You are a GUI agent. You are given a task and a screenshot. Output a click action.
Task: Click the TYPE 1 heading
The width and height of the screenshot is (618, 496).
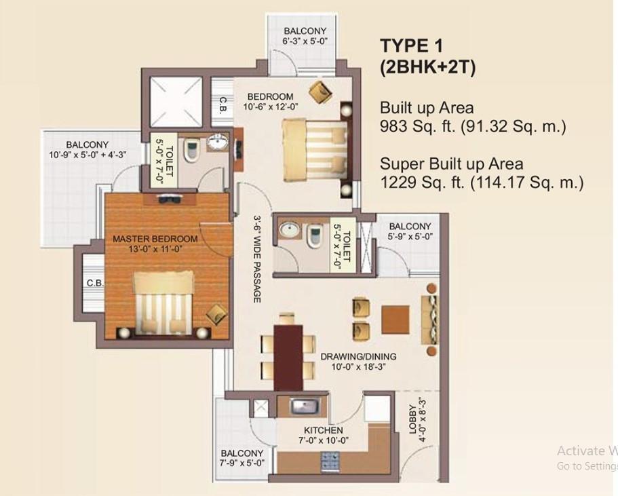click(x=412, y=46)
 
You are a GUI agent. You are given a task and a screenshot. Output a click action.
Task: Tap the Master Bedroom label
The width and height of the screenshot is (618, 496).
click(x=155, y=239)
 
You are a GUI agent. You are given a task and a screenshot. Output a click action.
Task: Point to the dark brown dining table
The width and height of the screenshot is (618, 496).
click(x=288, y=357)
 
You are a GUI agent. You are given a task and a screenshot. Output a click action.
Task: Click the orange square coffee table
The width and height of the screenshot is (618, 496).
click(x=395, y=320)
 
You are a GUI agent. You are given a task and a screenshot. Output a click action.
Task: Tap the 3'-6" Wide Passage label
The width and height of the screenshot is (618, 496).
click(x=257, y=259)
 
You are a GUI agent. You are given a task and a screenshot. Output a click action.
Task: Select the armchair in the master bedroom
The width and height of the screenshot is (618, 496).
click(x=216, y=314)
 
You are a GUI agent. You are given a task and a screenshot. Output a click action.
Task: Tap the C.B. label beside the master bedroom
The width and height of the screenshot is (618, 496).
click(x=95, y=283)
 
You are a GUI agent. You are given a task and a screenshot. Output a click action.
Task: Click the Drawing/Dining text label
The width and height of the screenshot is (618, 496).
click(x=358, y=356)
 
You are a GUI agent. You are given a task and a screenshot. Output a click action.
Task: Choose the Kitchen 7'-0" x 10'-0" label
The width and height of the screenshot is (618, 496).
click(x=323, y=435)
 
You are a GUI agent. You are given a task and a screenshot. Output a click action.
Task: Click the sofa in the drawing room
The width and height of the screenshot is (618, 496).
click(x=430, y=320)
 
